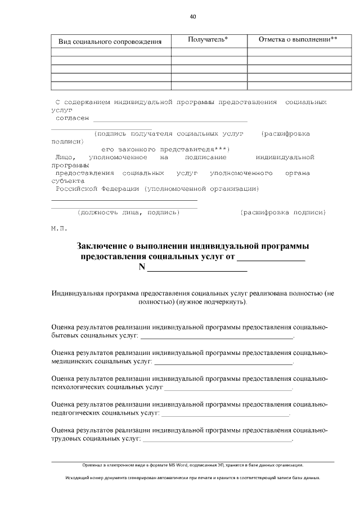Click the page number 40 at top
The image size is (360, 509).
(192, 17)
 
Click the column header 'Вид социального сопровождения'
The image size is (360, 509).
(110, 42)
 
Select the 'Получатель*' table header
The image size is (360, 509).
(208, 39)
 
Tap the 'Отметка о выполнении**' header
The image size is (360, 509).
(298, 39)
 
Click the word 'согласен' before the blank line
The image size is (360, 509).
(72, 119)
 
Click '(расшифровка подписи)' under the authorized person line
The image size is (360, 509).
(282, 213)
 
